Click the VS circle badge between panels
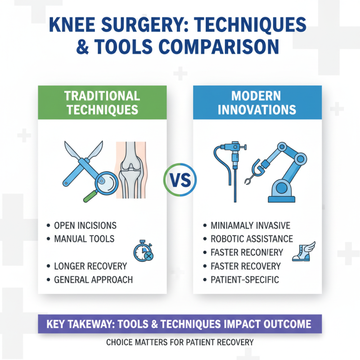[180, 180]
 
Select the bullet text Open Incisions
[85, 225]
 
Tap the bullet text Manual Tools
[84, 238]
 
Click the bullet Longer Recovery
[90, 266]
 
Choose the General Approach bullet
[93, 279]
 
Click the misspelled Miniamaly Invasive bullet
[250, 225]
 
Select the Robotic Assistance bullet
[252, 238]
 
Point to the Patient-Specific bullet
[245, 279]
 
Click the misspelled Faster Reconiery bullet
[247, 252]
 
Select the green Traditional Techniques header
[102, 103]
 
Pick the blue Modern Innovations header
[257, 103]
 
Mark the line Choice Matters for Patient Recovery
[180, 342]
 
